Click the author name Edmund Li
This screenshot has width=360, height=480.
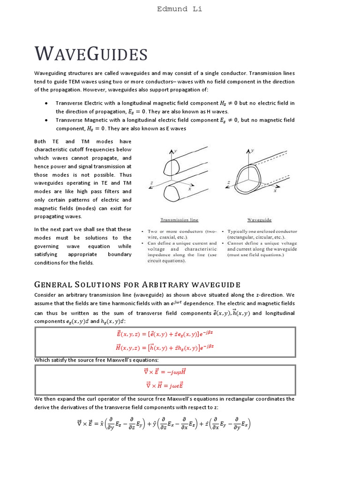pyautogui.click(x=180, y=9)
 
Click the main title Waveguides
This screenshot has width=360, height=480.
pyautogui.click(x=91, y=54)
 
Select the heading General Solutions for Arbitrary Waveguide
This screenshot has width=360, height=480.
pyautogui.click(x=137, y=285)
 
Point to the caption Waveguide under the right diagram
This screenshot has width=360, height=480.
pyautogui.click(x=259, y=219)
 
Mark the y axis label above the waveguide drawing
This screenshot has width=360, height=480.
pyautogui.click(x=252, y=150)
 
